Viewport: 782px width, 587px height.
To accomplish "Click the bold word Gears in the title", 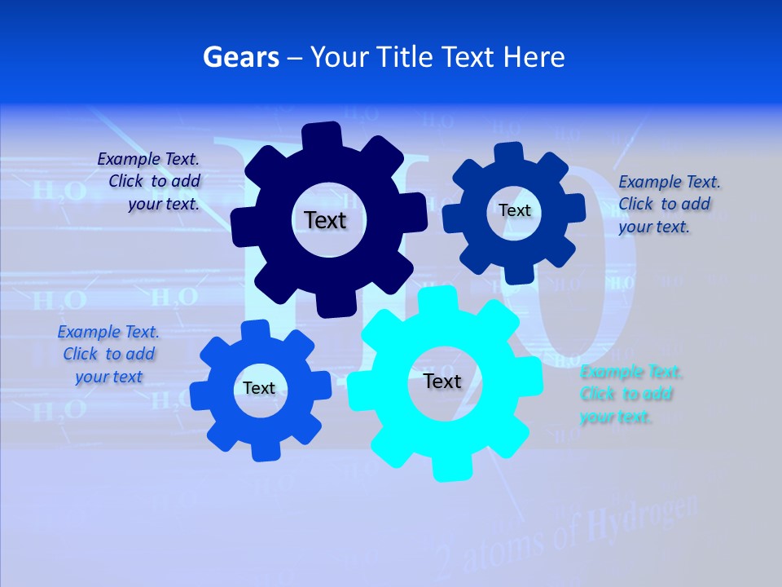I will pos(240,57).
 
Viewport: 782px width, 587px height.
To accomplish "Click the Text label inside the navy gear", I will pos(325,220).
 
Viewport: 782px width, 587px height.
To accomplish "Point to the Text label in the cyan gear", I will pos(442,382).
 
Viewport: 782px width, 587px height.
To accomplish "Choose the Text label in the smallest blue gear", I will pos(259,389).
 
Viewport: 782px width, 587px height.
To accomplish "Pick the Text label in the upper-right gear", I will pos(514,210).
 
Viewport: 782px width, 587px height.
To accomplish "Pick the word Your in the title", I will pos(341,57).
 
